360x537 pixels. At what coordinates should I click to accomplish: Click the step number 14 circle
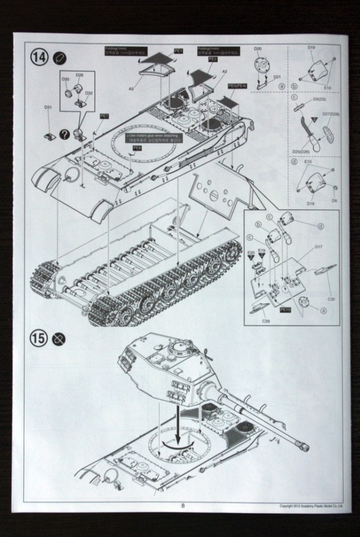pyautogui.click(x=40, y=57)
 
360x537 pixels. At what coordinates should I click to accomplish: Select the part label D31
pyautogui.click(x=48, y=107)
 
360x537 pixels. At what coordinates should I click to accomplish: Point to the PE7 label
pyautogui.click(x=103, y=116)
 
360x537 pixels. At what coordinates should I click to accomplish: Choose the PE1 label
pyautogui.click(x=178, y=51)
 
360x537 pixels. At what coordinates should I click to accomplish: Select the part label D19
pyautogui.click(x=311, y=48)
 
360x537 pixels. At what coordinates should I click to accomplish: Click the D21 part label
pyautogui.click(x=277, y=77)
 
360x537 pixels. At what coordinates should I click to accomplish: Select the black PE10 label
pyautogui.click(x=285, y=310)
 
